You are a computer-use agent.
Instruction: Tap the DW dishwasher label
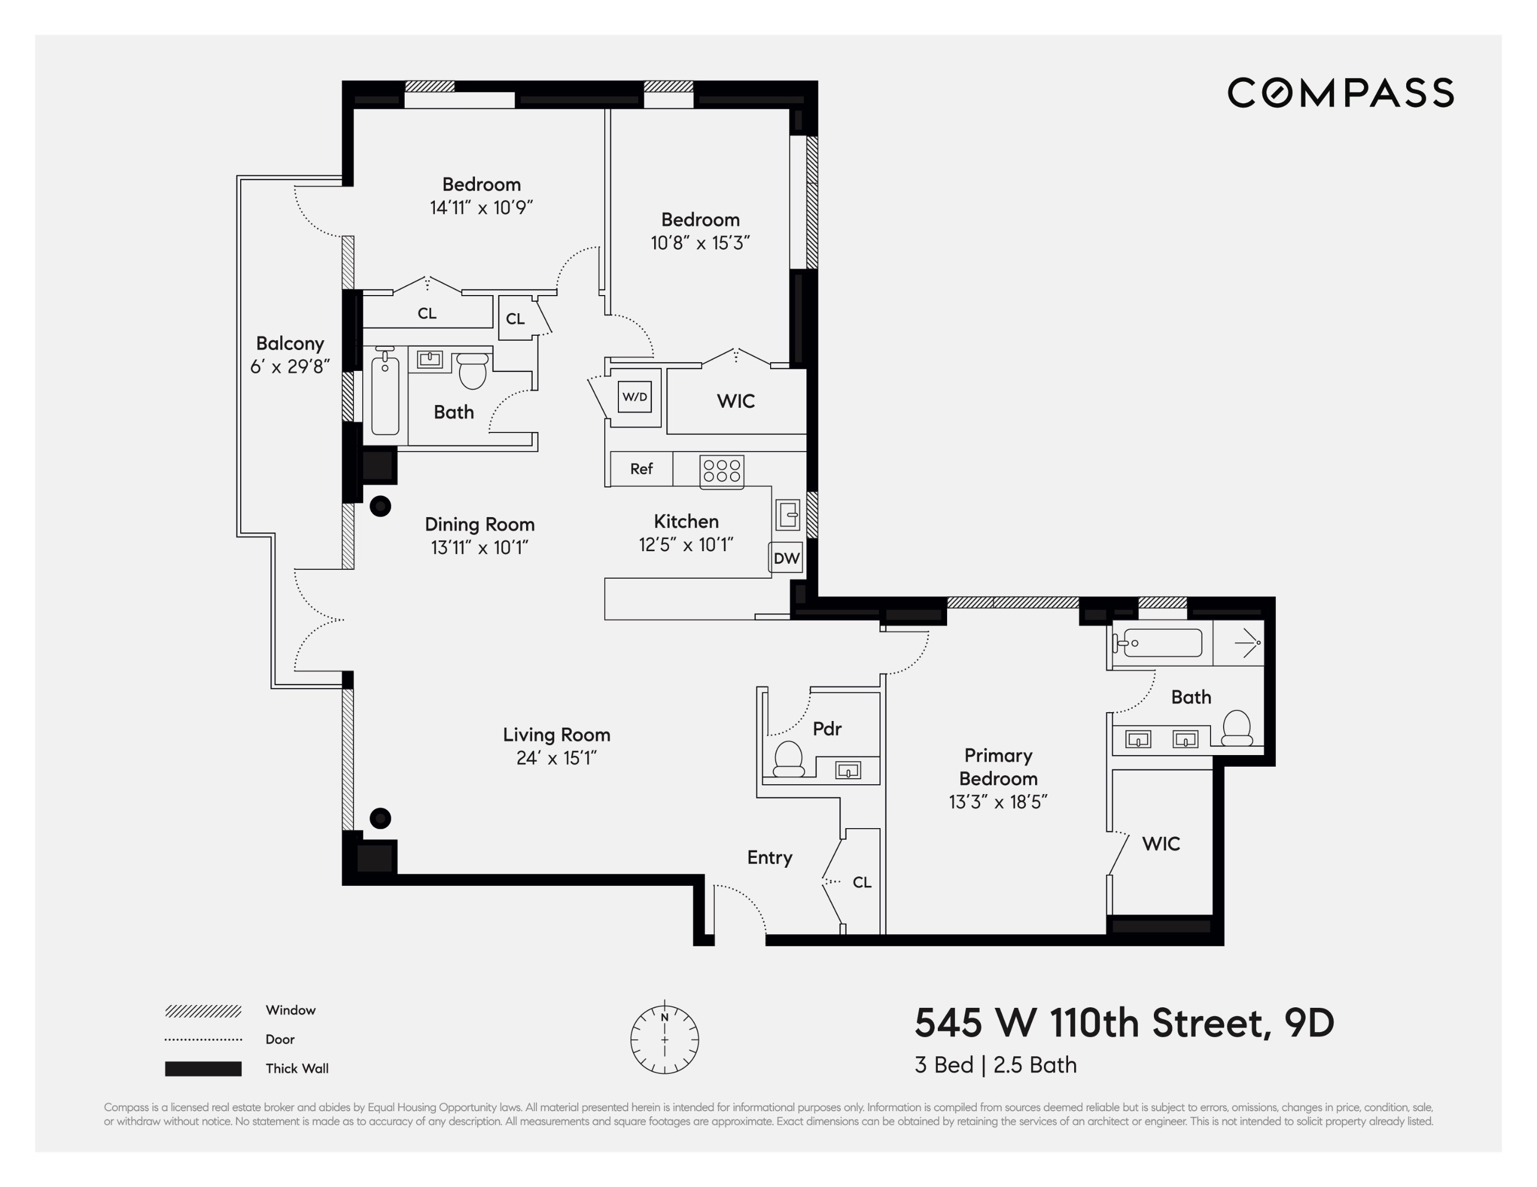pos(786,558)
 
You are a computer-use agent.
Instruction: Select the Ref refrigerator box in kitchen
pos(641,469)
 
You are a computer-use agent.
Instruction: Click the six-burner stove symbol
pos(721,471)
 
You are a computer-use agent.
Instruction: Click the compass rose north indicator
pos(665,1017)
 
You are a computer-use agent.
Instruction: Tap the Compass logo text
pos(1340,93)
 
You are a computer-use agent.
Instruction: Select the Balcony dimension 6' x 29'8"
pos(290,367)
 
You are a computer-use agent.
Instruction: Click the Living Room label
pos(556,735)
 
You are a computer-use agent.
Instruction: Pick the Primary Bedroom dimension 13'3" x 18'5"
pos(998,802)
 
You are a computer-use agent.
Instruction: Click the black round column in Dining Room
pos(380,506)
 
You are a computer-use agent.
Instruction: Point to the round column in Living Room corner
pos(380,818)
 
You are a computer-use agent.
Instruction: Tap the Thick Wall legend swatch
pos(203,1069)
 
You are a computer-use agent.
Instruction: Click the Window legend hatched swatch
pos(203,1011)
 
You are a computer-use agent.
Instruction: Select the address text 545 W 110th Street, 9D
pos(1124,1023)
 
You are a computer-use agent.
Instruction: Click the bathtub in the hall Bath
pos(385,396)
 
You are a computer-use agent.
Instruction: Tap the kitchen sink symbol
pos(788,514)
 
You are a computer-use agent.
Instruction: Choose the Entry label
pos(769,857)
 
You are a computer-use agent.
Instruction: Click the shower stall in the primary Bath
pos(1239,643)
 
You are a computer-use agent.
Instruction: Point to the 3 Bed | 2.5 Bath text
pos(995,1065)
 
